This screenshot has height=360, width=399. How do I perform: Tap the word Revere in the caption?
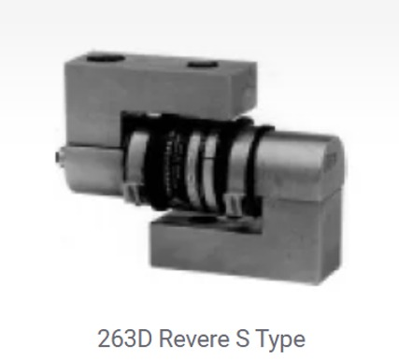tap(194, 338)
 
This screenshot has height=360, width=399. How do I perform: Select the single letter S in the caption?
tap(242, 338)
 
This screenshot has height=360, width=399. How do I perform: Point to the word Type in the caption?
tap(279, 340)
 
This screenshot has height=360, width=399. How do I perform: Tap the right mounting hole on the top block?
tap(203, 65)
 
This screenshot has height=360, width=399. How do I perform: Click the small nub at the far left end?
tap(57, 157)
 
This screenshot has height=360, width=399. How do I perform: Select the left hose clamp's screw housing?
tap(132, 194)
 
